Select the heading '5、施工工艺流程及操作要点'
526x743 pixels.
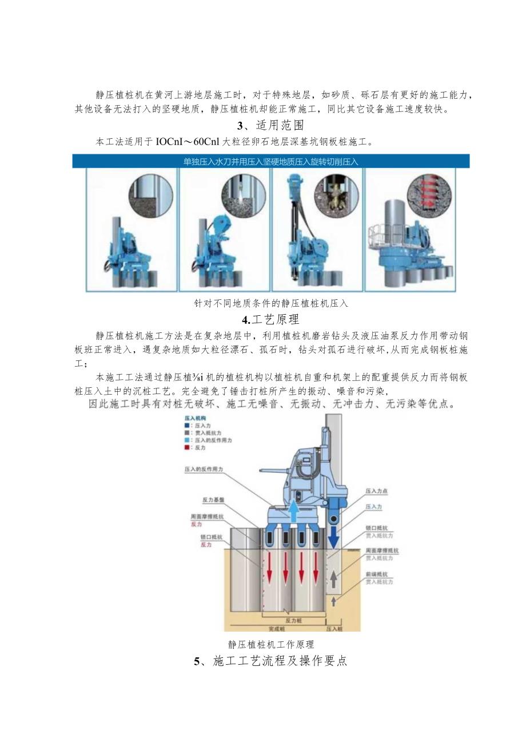point(270,662)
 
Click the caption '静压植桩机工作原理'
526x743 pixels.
point(271,644)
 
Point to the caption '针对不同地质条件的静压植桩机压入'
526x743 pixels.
point(271,304)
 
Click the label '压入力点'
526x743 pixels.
point(376,491)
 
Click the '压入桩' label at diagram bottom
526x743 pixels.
point(334,627)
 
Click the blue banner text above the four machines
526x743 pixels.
point(271,162)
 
